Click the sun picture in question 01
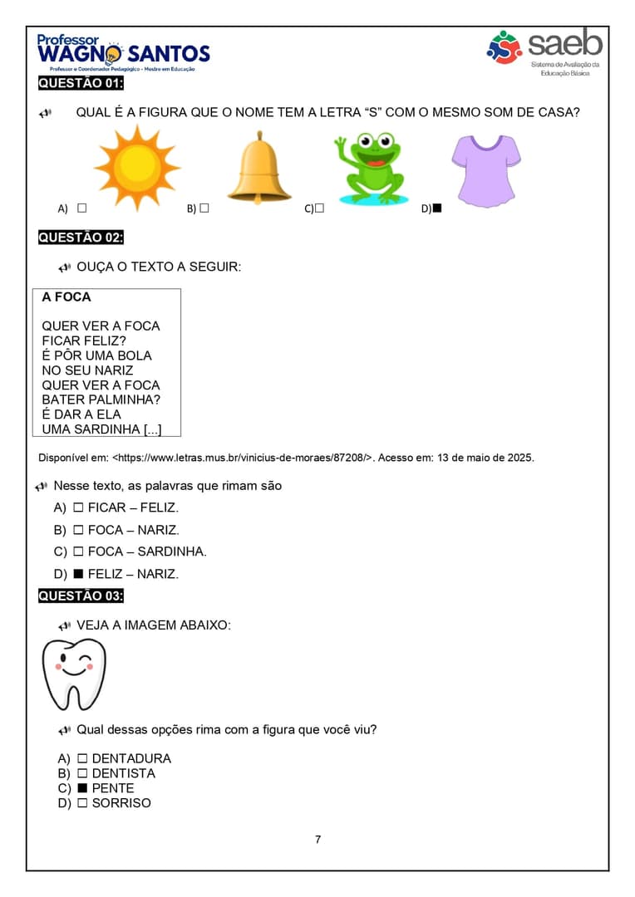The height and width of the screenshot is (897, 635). click(137, 165)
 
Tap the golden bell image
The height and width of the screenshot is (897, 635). click(259, 168)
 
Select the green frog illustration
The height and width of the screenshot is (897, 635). click(373, 169)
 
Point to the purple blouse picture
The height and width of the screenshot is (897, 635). click(486, 169)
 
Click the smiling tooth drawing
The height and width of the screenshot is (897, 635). click(74, 674)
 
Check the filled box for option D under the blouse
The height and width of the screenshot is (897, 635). click(437, 208)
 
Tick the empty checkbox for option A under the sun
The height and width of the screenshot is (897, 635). click(81, 208)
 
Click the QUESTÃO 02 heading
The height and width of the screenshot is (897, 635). click(81, 238)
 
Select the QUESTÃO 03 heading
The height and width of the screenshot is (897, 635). click(81, 596)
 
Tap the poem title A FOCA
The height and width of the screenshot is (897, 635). click(66, 297)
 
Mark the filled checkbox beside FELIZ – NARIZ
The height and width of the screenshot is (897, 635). click(78, 574)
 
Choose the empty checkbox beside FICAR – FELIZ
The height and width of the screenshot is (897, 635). click(78, 507)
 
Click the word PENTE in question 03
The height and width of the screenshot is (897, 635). click(113, 788)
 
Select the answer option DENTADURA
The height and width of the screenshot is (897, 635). click(131, 758)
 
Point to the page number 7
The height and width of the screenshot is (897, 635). click(317, 839)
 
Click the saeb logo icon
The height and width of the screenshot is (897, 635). click(504, 47)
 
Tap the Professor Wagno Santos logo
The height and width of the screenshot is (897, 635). click(123, 53)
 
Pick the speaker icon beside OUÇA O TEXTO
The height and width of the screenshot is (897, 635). click(65, 267)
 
